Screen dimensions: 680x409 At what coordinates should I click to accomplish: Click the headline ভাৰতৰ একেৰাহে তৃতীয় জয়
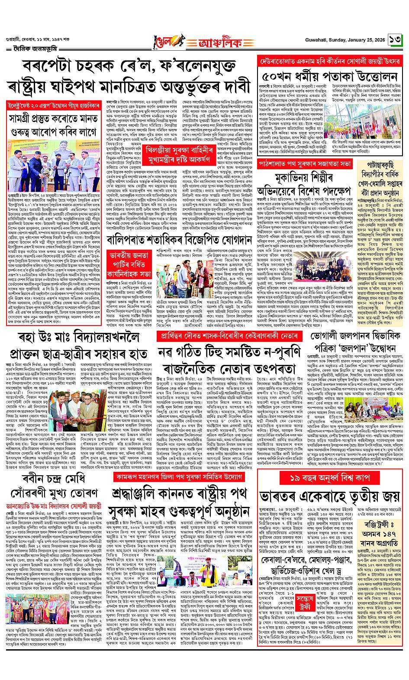pyautogui.click(x=329, y=496)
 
